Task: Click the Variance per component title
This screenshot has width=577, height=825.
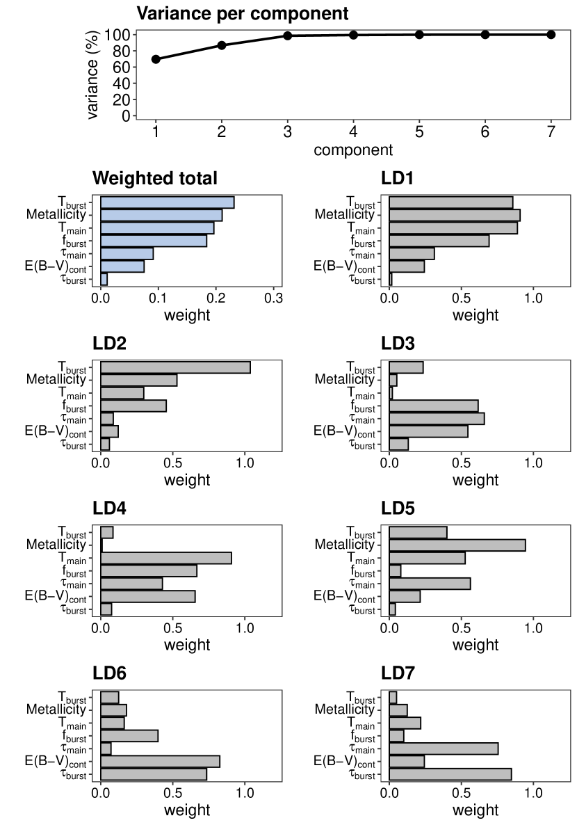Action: click(242, 13)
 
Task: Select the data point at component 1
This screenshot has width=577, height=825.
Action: click(156, 59)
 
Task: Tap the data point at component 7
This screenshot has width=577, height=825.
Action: click(551, 34)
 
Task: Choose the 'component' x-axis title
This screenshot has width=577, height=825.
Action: click(353, 150)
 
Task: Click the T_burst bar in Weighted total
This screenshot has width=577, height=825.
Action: click(168, 202)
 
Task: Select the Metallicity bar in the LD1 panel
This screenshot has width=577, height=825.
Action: click(455, 215)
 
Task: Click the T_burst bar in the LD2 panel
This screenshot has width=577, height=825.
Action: click(175, 367)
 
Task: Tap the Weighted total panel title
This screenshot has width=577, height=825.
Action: click(155, 178)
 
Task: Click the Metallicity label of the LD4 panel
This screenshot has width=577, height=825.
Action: click(56, 545)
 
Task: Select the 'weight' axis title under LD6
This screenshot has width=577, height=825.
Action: click(187, 810)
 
